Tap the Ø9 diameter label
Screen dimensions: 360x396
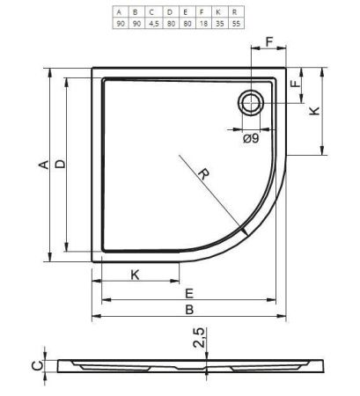click(x=251, y=138)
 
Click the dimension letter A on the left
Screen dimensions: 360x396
click(x=44, y=165)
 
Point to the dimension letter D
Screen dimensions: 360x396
click(x=61, y=164)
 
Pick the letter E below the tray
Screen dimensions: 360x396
click(x=189, y=293)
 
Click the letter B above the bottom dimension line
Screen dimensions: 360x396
click(x=189, y=310)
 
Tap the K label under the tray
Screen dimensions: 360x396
click(x=135, y=275)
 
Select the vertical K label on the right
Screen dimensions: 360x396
click(x=314, y=111)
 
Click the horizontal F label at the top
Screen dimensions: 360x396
click(x=269, y=42)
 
